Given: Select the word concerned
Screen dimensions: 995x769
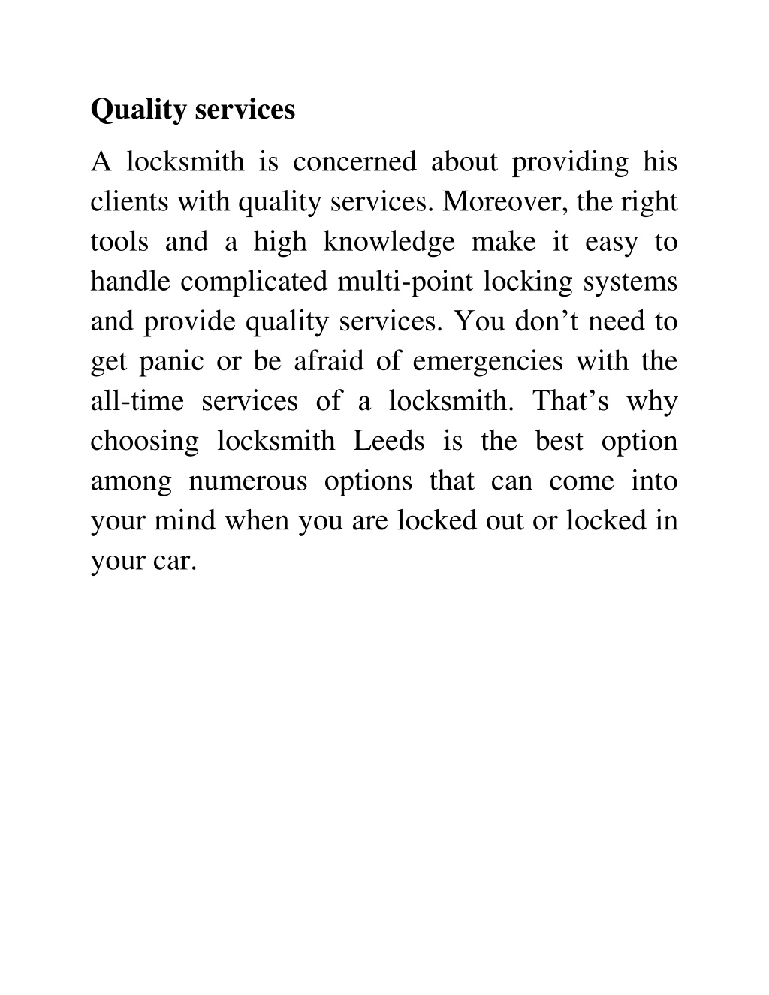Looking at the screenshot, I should [354, 162].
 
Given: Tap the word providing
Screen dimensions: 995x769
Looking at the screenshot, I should [570, 162].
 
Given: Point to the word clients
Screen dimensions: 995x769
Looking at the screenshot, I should [131, 202].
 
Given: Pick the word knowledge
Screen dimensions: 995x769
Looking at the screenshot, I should [389, 242].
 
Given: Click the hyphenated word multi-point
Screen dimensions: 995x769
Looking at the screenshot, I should [406, 282].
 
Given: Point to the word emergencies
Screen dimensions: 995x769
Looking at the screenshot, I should [488, 361].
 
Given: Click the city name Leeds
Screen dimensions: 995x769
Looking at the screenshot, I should [389, 441].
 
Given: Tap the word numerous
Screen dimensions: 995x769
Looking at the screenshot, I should [249, 481].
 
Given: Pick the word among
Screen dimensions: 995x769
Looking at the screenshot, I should [131, 481].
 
